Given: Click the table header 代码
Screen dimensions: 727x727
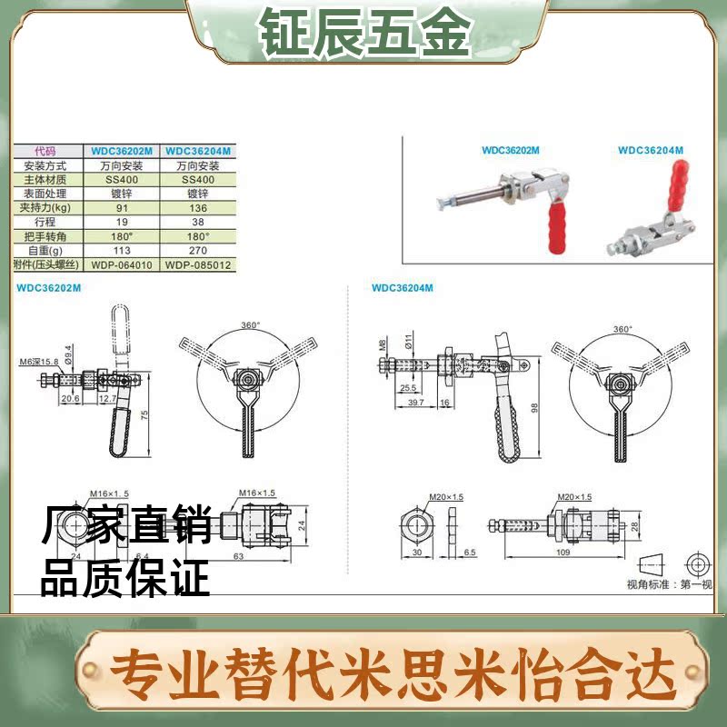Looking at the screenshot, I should coord(45,152).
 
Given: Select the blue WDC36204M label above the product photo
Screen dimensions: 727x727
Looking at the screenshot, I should coord(650,150).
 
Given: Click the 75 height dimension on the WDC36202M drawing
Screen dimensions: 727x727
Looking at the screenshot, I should coord(144,414).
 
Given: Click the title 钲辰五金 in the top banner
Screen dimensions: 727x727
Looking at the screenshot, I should coord(363,34).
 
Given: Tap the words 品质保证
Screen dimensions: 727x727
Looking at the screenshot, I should coord(124,579).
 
